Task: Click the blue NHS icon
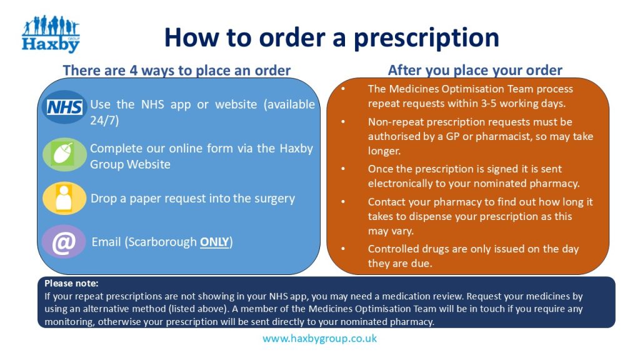(64, 107)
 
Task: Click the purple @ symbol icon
(64, 242)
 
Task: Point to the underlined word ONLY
(214, 242)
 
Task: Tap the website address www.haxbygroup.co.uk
(319, 339)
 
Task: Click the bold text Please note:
(71, 283)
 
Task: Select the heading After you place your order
(475, 70)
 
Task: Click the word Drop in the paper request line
(103, 199)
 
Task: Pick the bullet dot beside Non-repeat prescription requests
(342, 122)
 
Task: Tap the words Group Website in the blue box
(130, 164)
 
